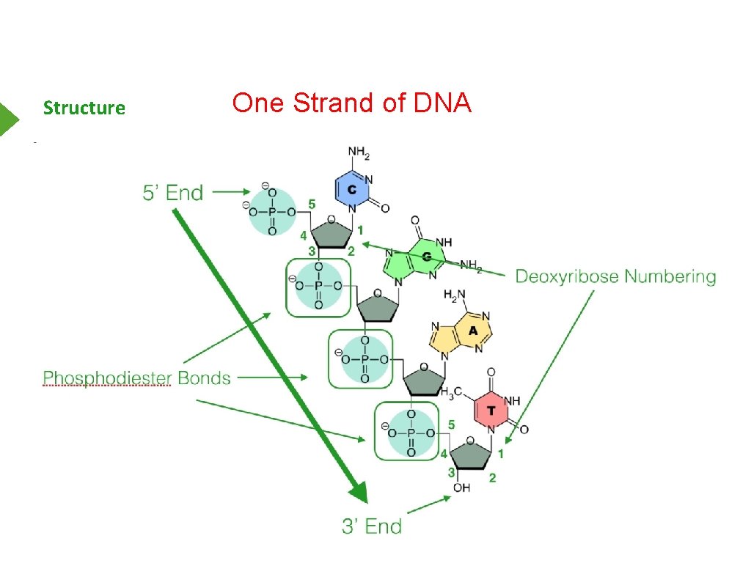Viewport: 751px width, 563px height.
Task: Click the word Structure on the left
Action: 84,108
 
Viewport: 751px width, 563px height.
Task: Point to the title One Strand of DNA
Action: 351,103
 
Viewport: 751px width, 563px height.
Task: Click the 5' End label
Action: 172,193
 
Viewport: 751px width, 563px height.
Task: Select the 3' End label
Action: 372,526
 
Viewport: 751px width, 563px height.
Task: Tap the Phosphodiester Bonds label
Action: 137,378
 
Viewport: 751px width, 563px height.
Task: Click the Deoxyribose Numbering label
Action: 615,276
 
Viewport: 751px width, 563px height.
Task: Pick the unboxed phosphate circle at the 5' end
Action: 272,212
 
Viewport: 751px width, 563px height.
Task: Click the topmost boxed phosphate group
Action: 318,287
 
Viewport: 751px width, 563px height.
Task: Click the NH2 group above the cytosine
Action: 359,154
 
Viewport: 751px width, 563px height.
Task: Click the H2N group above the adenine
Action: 455,295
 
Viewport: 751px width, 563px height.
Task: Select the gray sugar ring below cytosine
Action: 332,232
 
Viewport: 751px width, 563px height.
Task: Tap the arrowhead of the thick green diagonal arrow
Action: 357,489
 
